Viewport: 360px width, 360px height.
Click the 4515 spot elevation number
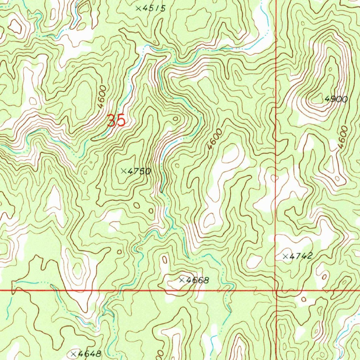pos(154,8)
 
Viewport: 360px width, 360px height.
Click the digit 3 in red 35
pos(112,121)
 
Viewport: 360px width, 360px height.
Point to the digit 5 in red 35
pos(121,121)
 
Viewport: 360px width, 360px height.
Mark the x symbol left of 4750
pos(124,171)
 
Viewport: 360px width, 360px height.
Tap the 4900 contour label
pos(336,99)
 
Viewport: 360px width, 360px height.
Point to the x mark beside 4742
pos(285,256)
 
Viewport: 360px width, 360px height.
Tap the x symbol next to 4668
pos(182,280)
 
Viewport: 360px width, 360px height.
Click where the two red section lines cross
pos(276,291)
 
